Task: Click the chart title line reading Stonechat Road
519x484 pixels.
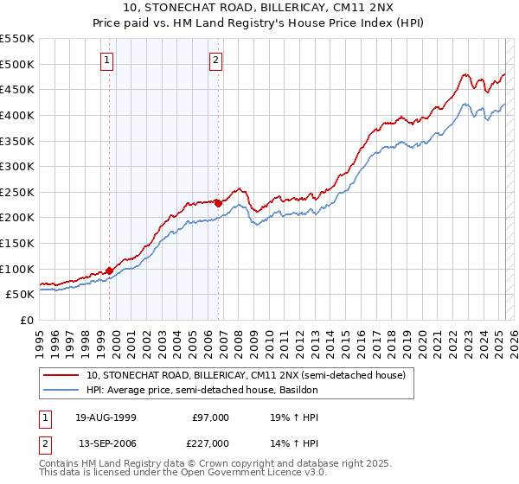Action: (259, 9)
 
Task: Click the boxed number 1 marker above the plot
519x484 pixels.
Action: (106, 60)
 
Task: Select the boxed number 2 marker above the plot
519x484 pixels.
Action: (215, 60)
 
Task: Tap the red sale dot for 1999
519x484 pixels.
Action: (110, 270)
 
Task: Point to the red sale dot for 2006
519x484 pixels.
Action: (218, 203)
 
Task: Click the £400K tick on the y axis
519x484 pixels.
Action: (18, 115)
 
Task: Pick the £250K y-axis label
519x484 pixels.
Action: (18, 192)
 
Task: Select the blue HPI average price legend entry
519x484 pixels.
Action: (202, 390)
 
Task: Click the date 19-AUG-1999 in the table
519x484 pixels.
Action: (106, 417)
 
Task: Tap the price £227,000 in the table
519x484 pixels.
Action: (208, 443)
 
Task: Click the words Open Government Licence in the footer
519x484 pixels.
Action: (243, 473)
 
